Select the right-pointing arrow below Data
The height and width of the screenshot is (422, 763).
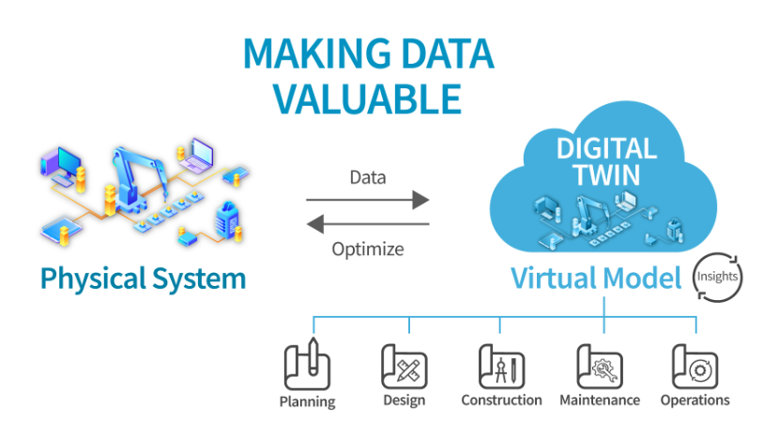pyautogui.click(x=367, y=199)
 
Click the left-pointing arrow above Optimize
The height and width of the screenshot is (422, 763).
pyautogui.click(x=367, y=224)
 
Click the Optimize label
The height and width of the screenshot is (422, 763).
pyautogui.click(x=368, y=249)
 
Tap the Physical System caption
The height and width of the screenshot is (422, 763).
pyautogui.click(x=143, y=279)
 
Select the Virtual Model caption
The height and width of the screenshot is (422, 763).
pyautogui.click(x=596, y=279)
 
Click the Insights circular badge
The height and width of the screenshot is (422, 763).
pyautogui.click(x=718, y=278)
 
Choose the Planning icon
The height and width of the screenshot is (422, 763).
pyautogui.click(x=307, y=365)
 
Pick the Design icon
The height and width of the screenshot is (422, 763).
pyautogui.click(x=404, y=365)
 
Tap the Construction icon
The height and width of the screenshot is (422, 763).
pyautogui.click(x=501, y=365)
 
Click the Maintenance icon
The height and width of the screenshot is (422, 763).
pyautogui.click(x=599, y=365)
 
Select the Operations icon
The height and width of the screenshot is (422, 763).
pyautogui.click(x=694, y=365)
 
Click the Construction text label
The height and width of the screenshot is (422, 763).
pyautogui.click(x=501, y=400)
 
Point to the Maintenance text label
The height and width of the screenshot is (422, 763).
pyautogui.click(x=600, y=400)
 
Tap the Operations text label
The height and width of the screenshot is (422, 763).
pyautogui.click(x=694, y=400)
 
